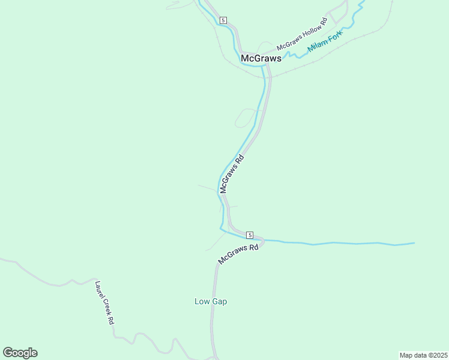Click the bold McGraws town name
[261, 58]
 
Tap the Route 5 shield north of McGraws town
[223, 20]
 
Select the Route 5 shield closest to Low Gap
[250, 235]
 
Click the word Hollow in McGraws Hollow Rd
[308, 33]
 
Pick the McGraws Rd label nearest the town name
[232, 174]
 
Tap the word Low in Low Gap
[202, 301]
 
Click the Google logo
[20, 353]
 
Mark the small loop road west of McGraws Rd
[244, 118]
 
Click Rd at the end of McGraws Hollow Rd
[324, 22]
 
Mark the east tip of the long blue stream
[414, 243]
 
